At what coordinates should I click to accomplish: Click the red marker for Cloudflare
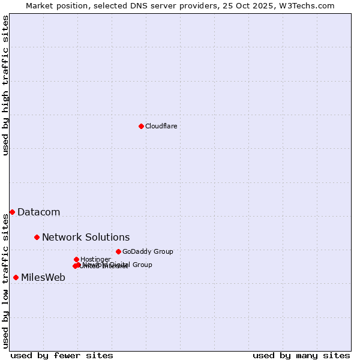(x=141, y=126)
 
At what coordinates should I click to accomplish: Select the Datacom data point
(x=12, y=212)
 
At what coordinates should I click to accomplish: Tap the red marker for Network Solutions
(x=37, y=237)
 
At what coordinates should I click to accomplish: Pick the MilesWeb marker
(x=16, y=277)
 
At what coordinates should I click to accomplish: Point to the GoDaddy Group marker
(x=118, y=251)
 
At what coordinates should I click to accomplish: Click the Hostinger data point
(x=76, y=259)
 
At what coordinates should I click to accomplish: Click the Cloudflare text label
(x=161, y=126)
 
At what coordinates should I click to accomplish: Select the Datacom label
(x=38, y=212)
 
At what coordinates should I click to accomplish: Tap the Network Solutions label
(x=85, y=237)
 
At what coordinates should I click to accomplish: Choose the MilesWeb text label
(x=43, y=277)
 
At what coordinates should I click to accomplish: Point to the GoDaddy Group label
(x=147, y=251)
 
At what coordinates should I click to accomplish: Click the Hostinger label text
(x=95, y=259)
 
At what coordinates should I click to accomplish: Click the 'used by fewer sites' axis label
(x=62, y=355)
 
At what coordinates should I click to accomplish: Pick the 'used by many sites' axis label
(x=301, y=355)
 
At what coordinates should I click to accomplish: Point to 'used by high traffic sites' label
(x=5, y=85)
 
